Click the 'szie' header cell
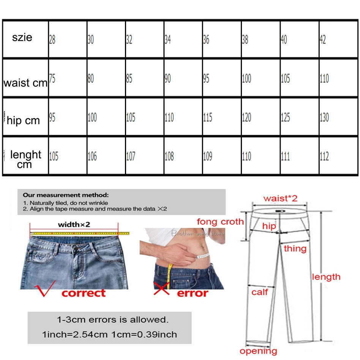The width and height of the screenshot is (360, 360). [x=22, y=38]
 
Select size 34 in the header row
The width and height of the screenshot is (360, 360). [x=167, y=39]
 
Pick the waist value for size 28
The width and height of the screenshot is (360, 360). [x=52, y=79]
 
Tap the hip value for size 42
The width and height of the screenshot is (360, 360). [x=324, y=117]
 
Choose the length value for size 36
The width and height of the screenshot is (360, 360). [x=207, y=156]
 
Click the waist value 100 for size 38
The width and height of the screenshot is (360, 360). [x=246, y=79]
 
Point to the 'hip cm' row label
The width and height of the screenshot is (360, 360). [x=23, y=121]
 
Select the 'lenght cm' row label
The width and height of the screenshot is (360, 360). [x=25, y=159]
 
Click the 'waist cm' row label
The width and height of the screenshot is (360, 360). [x=25, y=83]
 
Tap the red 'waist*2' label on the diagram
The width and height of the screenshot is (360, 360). [x=280, y=198]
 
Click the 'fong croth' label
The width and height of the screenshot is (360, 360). [x=220, y=222]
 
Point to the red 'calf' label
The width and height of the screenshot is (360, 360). [x=260, y=292]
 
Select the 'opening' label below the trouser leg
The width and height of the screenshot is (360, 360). [x=258, y=351]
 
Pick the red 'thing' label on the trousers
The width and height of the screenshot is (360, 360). [x=295, y=249]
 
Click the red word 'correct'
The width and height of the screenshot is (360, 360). [x=84, y=293]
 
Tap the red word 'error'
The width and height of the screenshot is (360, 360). [x=193, y=293]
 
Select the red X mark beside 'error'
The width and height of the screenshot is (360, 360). [x=161, y=289]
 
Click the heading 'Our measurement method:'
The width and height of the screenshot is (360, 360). [x=65, y=195]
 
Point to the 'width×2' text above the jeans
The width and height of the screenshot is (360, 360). [x=74, y=224]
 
